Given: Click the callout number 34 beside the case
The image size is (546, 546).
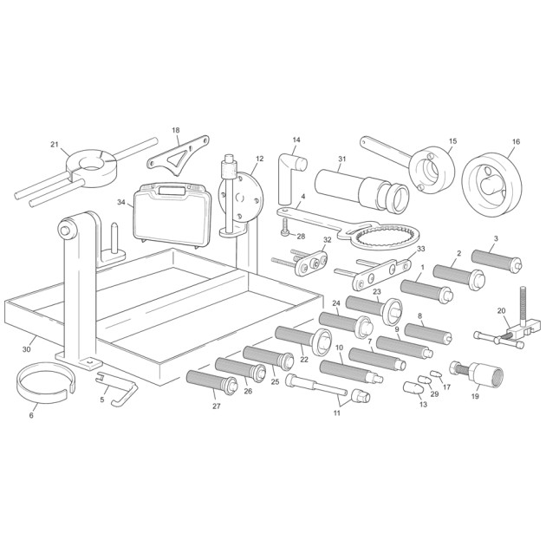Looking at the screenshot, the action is (120, 202).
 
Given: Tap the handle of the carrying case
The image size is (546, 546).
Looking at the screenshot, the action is (172, 191).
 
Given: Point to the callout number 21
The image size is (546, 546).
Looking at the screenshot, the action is (55, 144).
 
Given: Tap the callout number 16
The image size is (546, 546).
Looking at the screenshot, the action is (516, 141).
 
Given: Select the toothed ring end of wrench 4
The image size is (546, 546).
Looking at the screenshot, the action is (386, 236).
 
